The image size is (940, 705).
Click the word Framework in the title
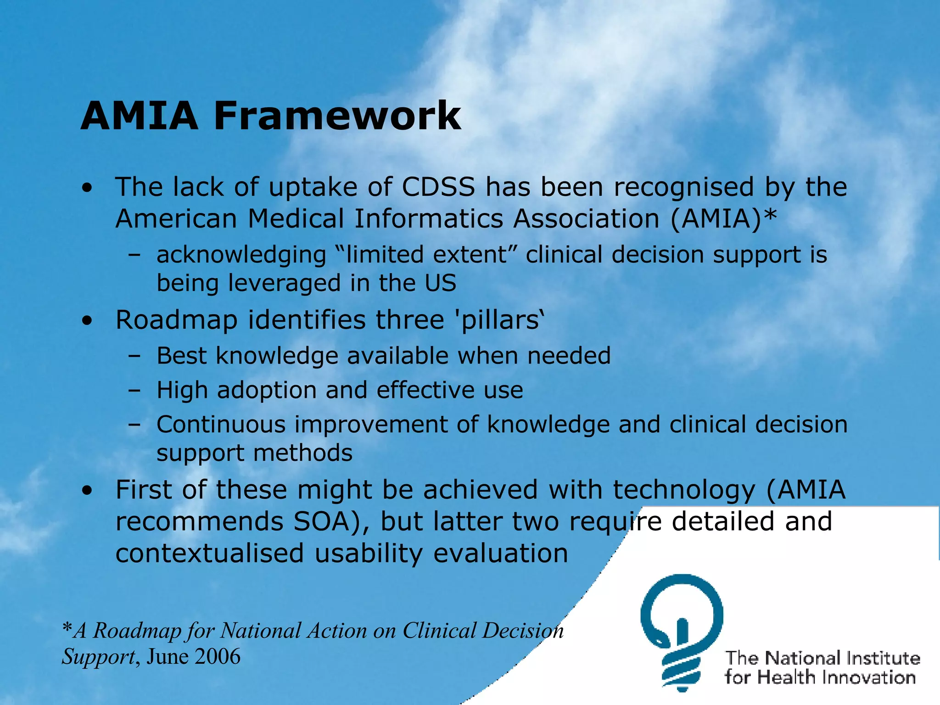point(337,116)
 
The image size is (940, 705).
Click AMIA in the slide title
point(139,116)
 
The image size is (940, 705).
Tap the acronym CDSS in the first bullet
point(438,187)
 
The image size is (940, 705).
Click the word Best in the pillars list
point(182,356)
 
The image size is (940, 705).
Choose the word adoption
point(266,391)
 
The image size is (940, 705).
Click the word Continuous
point(221,425)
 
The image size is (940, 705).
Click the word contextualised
point(210,553)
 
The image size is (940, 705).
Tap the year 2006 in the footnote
point(218,656)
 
